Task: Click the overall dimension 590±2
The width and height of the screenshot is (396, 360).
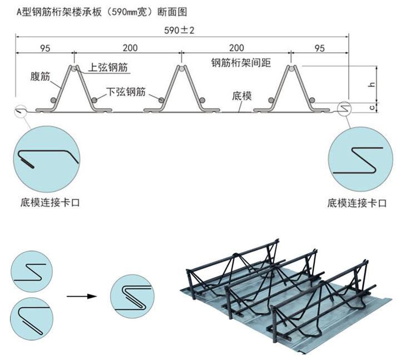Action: click(x=181, y=29)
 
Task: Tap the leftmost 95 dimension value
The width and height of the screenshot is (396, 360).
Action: click(x=45, y=48)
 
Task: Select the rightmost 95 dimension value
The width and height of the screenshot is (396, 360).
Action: click(x=319, y=48)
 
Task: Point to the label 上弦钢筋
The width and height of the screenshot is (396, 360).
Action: click(x=109, y=68)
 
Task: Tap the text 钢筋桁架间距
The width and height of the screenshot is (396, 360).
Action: click(x=240, y=62)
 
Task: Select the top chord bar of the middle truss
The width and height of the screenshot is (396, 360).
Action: click(x=181, y=69)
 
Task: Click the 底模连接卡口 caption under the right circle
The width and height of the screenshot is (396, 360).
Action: click(x=357, y=203)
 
